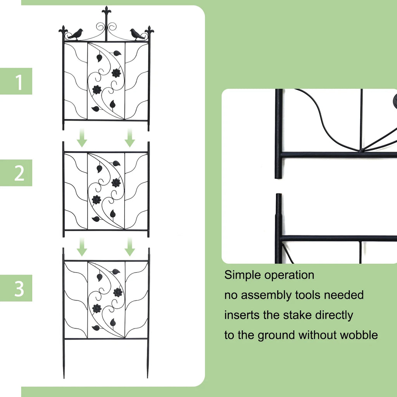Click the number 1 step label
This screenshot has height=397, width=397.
(19, 83)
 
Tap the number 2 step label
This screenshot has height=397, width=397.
(19, 174)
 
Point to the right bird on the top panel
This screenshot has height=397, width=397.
(136, 35)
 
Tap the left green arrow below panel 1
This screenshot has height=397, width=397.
(82, 138)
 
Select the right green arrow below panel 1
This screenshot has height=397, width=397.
(130, 138)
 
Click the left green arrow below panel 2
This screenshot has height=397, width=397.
(82, 247)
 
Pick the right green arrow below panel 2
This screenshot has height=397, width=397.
(130, 247)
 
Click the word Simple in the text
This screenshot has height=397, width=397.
(243, 275)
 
